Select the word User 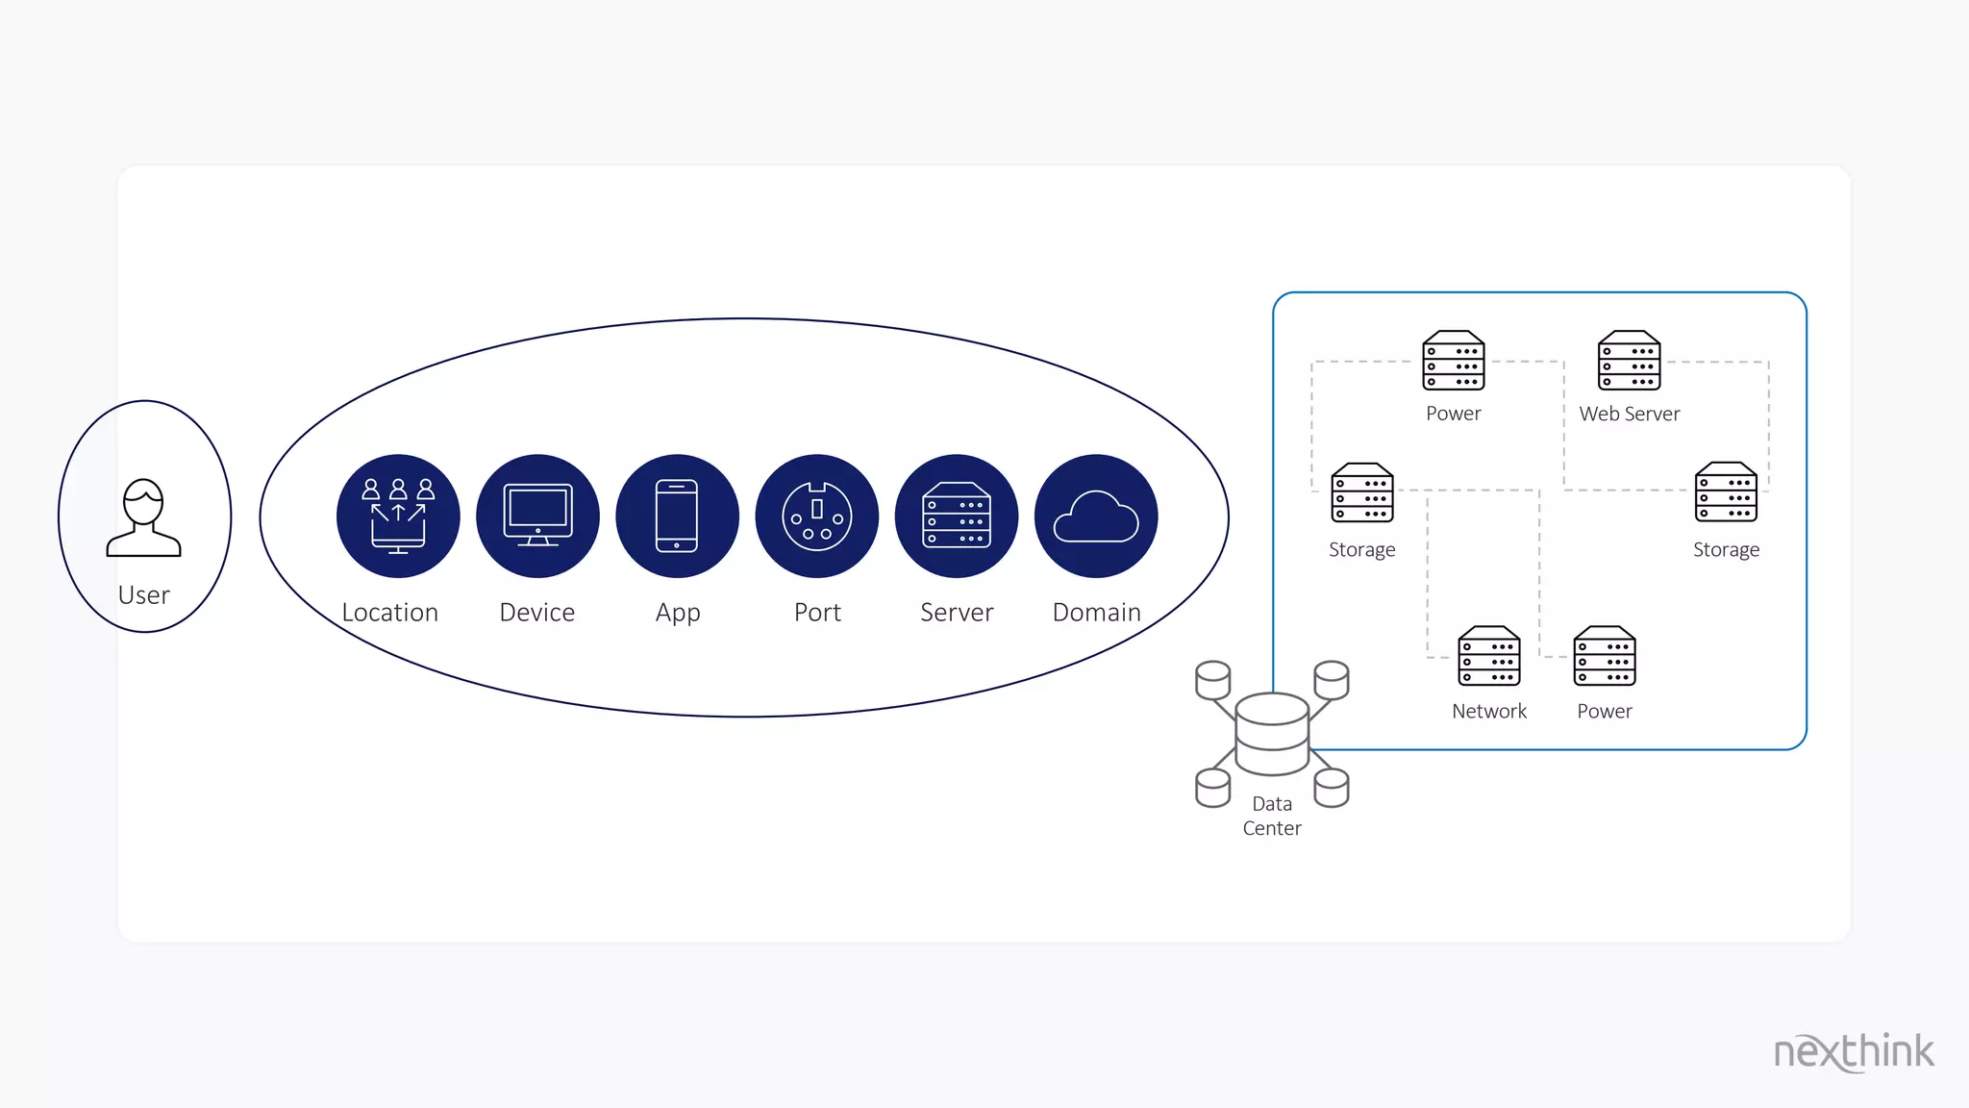144,595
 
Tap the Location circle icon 398,516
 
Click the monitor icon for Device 537,516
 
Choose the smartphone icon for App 677,516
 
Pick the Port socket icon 817,516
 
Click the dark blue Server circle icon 957,516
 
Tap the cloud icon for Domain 1096,516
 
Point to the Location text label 390,613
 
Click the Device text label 537,613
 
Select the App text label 678,614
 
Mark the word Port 817,613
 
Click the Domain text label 1097,613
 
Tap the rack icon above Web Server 1630,361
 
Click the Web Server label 1630,414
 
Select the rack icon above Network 1489,656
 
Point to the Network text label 1489,712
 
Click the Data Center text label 1272,816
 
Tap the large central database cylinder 1272,734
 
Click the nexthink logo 1854,1052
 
